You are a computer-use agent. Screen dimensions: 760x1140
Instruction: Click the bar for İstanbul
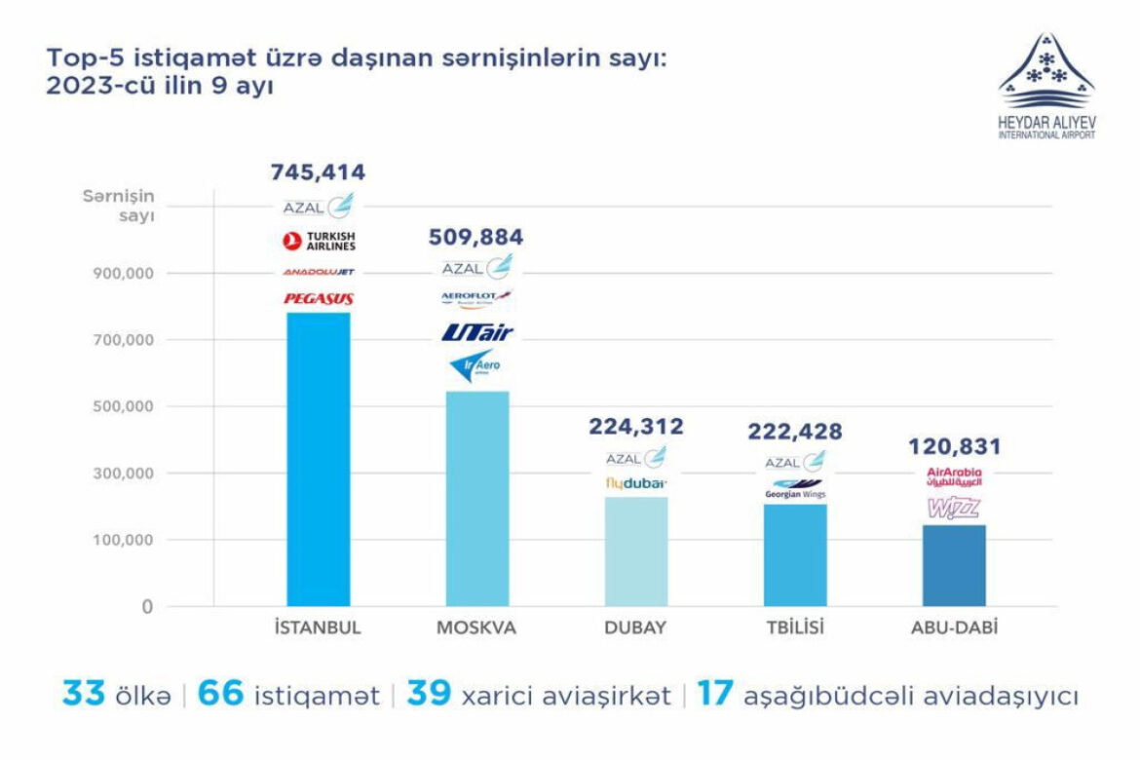(318, 459)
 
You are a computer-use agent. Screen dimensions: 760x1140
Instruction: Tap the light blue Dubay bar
(636, 551)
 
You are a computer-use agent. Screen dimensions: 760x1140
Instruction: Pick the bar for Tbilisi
(795, 554)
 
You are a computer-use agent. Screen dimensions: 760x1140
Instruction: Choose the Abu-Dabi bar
(954, 565)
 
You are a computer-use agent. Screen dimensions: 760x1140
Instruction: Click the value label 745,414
(318, 173)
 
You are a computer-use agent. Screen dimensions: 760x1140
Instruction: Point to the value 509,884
(476, 237)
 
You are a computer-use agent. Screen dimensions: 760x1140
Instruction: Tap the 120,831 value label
(954, 447)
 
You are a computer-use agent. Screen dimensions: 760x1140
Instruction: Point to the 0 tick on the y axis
(147, 607)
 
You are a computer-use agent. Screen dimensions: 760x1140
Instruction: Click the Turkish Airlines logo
(318, 241)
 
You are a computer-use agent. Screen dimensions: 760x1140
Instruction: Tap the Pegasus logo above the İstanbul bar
(318, 298)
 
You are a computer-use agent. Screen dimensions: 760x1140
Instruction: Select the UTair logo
(476, 332)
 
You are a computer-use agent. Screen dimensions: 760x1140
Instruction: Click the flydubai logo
(636, 482)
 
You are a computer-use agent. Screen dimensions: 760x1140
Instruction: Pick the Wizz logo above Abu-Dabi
(954, 508)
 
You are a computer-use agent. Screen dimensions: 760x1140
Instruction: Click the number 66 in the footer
(220, 696)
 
